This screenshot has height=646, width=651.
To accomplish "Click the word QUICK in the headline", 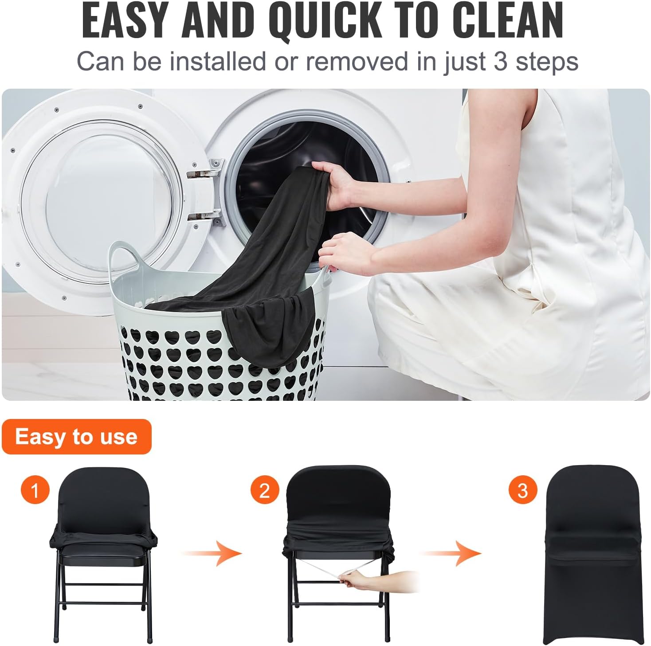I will coord(326,21).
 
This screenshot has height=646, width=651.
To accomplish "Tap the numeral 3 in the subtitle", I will coord(500,61).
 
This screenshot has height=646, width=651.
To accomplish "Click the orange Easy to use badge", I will coord(76,437).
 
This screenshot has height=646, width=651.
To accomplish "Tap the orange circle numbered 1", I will coord(35,490).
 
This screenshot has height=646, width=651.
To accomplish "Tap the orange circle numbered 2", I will coord(264,490).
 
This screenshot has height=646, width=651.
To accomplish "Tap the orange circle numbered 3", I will coord(522,490).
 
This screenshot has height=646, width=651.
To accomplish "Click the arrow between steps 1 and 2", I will coord(213,553).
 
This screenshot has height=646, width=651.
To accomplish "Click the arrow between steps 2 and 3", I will coord(452,553).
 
